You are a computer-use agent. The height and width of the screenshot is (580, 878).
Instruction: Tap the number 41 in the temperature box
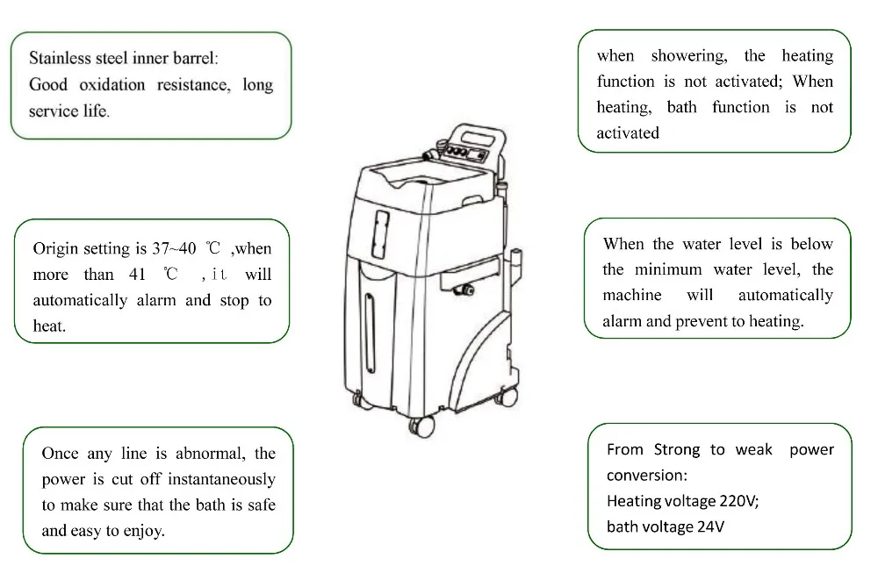click(137, 275)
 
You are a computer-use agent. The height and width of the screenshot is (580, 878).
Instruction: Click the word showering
click(688, 56)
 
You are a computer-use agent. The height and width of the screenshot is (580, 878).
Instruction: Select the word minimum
click(669, 269)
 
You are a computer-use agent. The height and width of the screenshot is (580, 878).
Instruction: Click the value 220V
click(735, 501)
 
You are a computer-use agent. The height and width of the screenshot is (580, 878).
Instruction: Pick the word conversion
click(645, 476)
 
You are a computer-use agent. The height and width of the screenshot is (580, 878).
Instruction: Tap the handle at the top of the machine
click(479, 132)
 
